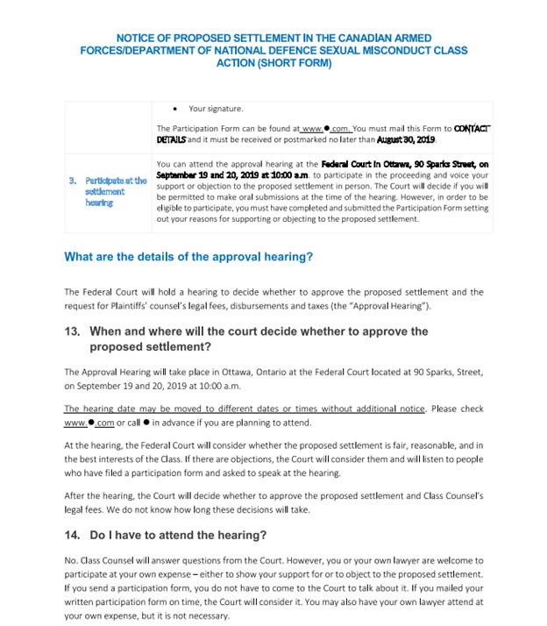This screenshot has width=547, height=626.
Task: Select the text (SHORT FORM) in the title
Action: pos(293,63)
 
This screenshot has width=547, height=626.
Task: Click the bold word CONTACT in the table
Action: pos(472,129)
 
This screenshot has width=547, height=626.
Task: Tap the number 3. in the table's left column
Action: pos(73,181)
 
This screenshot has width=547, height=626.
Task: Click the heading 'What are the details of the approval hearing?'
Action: pos(188,257)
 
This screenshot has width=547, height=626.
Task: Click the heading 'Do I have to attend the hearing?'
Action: pos(177,535)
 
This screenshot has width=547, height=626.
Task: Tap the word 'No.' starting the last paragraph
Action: pos(71,560)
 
